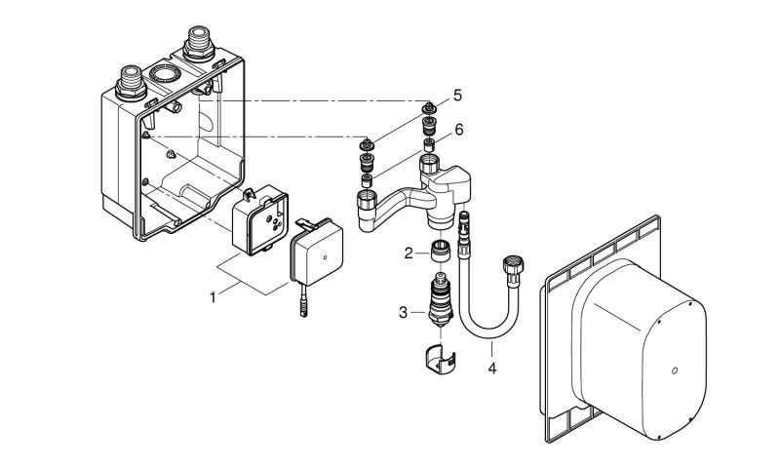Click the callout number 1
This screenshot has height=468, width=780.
tap(213, 292)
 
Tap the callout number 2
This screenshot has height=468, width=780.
tap(409, 253)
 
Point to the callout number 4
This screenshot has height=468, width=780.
tap(491, 370)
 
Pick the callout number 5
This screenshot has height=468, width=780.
tap(457, 97)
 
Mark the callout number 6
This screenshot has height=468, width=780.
tap(457, 128)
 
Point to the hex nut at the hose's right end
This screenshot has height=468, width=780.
tap(511, 265)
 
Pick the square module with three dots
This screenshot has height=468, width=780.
tap(260, 218)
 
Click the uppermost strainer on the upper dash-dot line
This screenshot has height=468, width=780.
tap(429, 106)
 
